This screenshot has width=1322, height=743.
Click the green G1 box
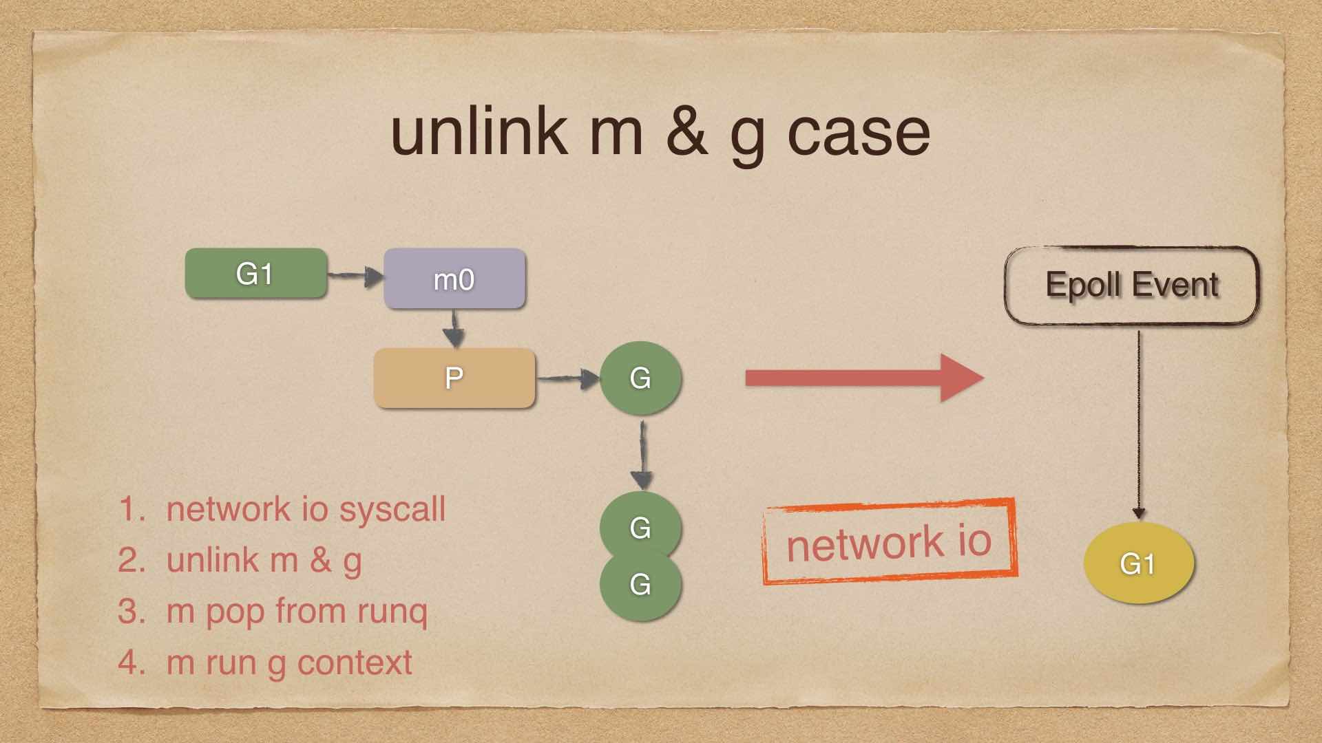(x=255, y=274)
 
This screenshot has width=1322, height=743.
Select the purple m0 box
(x=454, y=279)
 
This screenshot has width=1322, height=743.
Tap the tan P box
(x=454, y=378)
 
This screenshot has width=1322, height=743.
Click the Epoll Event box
(x=1131, y=285)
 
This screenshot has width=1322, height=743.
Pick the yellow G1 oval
(x=1138, y=563)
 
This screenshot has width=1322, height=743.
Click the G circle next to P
(x=640, y=378)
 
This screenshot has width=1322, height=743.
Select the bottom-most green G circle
(x=640, y=585)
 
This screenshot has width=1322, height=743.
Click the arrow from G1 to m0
(x=355, y=277)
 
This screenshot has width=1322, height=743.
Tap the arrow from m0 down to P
(x=453, y=328)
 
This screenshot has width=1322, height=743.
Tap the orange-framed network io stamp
(x=889, y=541)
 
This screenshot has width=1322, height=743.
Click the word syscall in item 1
(x=392, y=510)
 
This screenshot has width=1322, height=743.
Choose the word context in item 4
(x=355, y=663)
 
